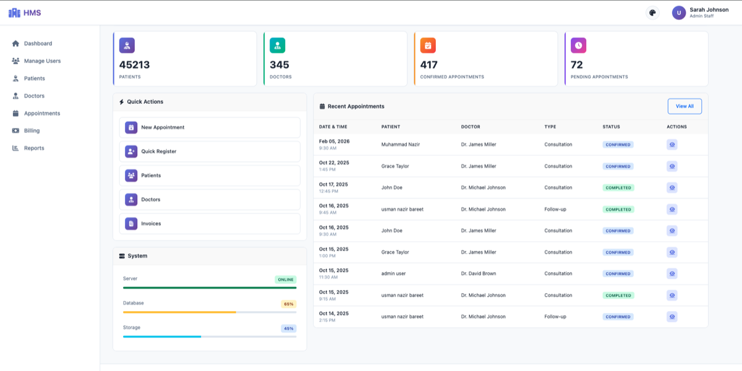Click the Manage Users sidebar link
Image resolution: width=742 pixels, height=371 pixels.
click(x=42, y=61)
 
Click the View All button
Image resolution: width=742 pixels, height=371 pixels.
click(x=684, y=106)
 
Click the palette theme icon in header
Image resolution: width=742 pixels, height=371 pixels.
click(x=652, y=13)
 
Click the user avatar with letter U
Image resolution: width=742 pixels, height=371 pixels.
click(x=679, y=13)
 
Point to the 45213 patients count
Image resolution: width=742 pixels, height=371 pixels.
click(x=134, y=65)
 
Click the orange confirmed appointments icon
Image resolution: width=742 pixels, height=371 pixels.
click(x=428, y=45)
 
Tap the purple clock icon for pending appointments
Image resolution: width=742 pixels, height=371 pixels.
click(x=578, y=45)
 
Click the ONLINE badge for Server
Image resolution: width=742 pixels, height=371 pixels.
click(x=286, y=279)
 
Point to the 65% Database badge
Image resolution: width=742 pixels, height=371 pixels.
click(x=289, y=304)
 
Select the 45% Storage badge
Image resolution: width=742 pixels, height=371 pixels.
click(x=289, y=328)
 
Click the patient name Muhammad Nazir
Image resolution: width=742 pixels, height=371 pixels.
click(x=400, y=145)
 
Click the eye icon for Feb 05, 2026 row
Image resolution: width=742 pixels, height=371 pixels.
click(x=672, y=145)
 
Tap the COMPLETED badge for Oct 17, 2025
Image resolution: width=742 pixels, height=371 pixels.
click(x=618, y=187)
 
